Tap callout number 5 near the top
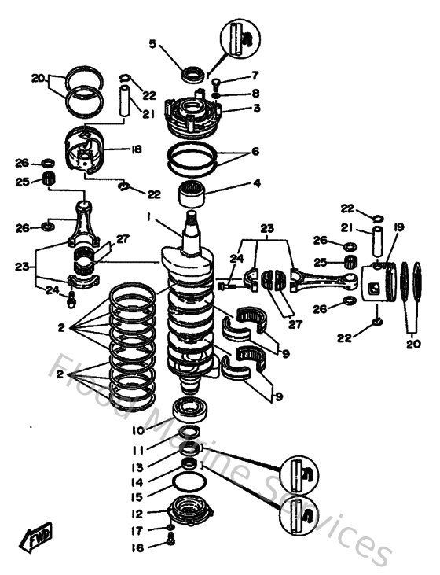click(x=154, y=43)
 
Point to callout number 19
click(x=398, y=228)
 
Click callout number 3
click(x=234, y=108)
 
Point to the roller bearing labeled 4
click(x=191, y=190)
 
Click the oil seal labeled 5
click(x=192, y=76)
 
